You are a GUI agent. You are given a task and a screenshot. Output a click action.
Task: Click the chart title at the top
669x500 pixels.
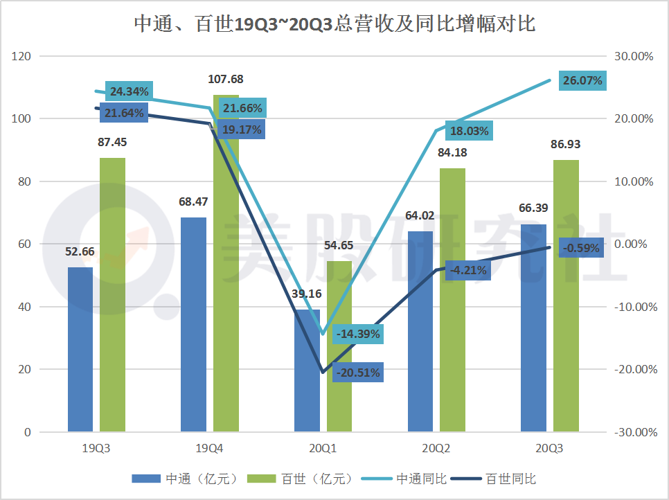(x=334, y=24)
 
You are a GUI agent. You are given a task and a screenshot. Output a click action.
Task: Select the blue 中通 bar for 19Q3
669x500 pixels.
(x=80, y=350)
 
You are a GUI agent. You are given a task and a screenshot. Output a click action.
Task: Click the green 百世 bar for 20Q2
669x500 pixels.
(x=453, y=300)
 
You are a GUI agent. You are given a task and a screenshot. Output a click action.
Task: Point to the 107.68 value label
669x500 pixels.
(x=226, y=80)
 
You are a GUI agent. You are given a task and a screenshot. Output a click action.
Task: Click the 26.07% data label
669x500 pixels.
(x=582, y=81)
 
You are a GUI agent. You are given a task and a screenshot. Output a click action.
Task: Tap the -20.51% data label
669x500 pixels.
(x=357, y=373)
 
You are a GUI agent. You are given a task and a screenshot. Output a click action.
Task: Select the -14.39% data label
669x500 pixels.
(x=357, y=334)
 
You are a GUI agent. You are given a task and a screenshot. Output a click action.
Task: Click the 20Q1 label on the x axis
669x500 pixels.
(x=323, y=449)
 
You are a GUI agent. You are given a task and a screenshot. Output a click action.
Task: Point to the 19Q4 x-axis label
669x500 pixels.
(x=209, y=449)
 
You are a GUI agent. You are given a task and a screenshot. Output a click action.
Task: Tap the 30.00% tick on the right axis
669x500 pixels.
(x=635, y=56)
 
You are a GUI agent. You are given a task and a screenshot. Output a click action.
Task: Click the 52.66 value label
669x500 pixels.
(x=80, y=252)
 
